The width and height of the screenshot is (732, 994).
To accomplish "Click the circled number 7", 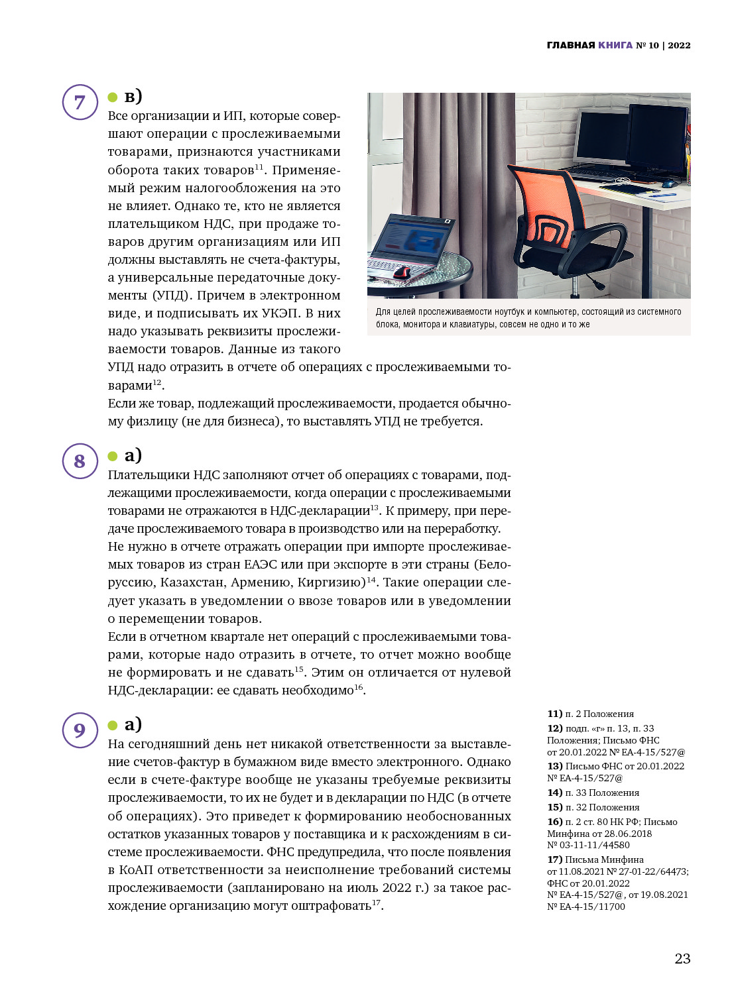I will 80,102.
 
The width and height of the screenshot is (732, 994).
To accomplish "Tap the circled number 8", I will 80,461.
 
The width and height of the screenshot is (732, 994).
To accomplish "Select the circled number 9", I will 80,730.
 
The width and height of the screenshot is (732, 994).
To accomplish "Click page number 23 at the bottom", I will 682,958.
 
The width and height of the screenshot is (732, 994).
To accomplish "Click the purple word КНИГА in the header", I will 615,45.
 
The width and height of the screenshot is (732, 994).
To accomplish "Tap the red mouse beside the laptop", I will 402,272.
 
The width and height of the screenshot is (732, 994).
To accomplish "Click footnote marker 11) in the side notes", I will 554,714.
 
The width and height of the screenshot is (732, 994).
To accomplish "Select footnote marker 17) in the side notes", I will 554,859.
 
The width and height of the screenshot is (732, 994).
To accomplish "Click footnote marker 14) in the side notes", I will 554,793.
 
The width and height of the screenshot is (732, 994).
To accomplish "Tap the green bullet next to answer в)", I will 113,98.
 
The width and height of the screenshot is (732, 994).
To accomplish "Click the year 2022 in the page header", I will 679,45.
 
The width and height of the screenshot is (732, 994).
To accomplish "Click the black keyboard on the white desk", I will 597,174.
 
